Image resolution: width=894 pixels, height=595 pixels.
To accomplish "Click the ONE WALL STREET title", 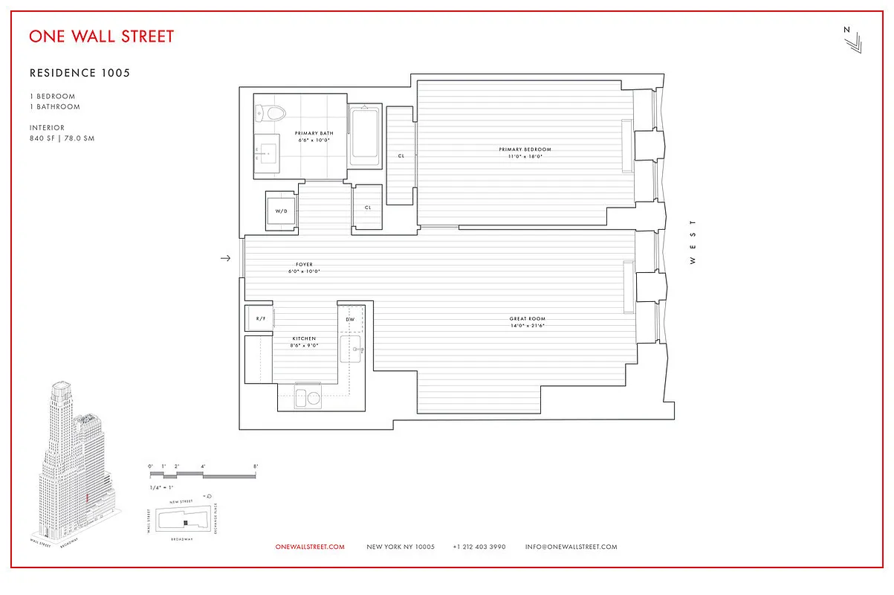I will coord(102,36).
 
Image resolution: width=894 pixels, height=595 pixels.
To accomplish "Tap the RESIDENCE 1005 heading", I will coord(80,73).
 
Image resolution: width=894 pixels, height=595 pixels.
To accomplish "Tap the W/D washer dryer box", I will coord(282,211).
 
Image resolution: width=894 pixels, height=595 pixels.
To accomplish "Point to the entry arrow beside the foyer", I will coord(226,258).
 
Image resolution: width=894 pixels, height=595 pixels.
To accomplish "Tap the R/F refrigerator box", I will coord(260,318).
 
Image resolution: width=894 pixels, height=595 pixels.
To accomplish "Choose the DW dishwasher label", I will coord(350,319).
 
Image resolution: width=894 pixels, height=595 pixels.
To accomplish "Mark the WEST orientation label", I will coord(693,242).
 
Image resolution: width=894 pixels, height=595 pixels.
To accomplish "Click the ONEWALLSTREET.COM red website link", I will coord(310,547).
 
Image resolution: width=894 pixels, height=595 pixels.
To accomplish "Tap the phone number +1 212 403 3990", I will coord(479,547).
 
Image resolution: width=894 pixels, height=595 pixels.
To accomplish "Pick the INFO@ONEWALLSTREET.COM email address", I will coord(571,547).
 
